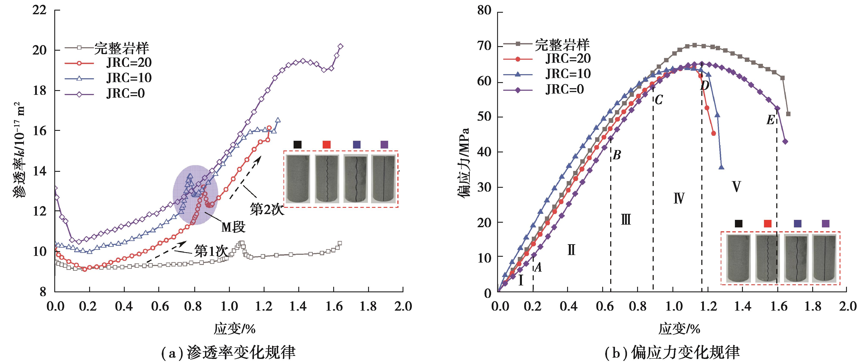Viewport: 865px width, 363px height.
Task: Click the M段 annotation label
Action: click(233, 228)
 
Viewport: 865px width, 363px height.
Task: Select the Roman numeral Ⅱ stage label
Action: click(571, 250)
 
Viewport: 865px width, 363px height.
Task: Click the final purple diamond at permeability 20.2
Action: click(341, 46)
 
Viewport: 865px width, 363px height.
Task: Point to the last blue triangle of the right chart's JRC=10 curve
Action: click(721, 167)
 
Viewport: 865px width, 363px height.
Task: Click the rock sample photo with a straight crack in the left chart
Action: click(384, 179)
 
